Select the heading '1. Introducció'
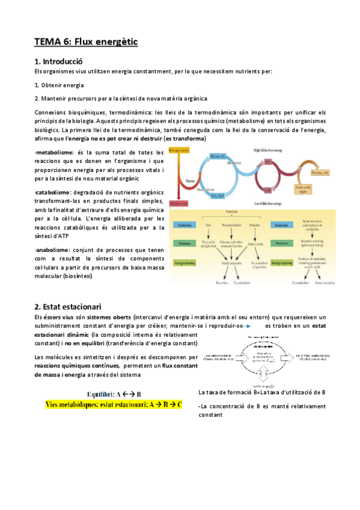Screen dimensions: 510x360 58,61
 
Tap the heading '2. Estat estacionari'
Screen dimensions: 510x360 68,306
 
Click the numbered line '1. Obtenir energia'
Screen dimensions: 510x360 59,85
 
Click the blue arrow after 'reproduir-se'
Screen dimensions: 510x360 253,325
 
